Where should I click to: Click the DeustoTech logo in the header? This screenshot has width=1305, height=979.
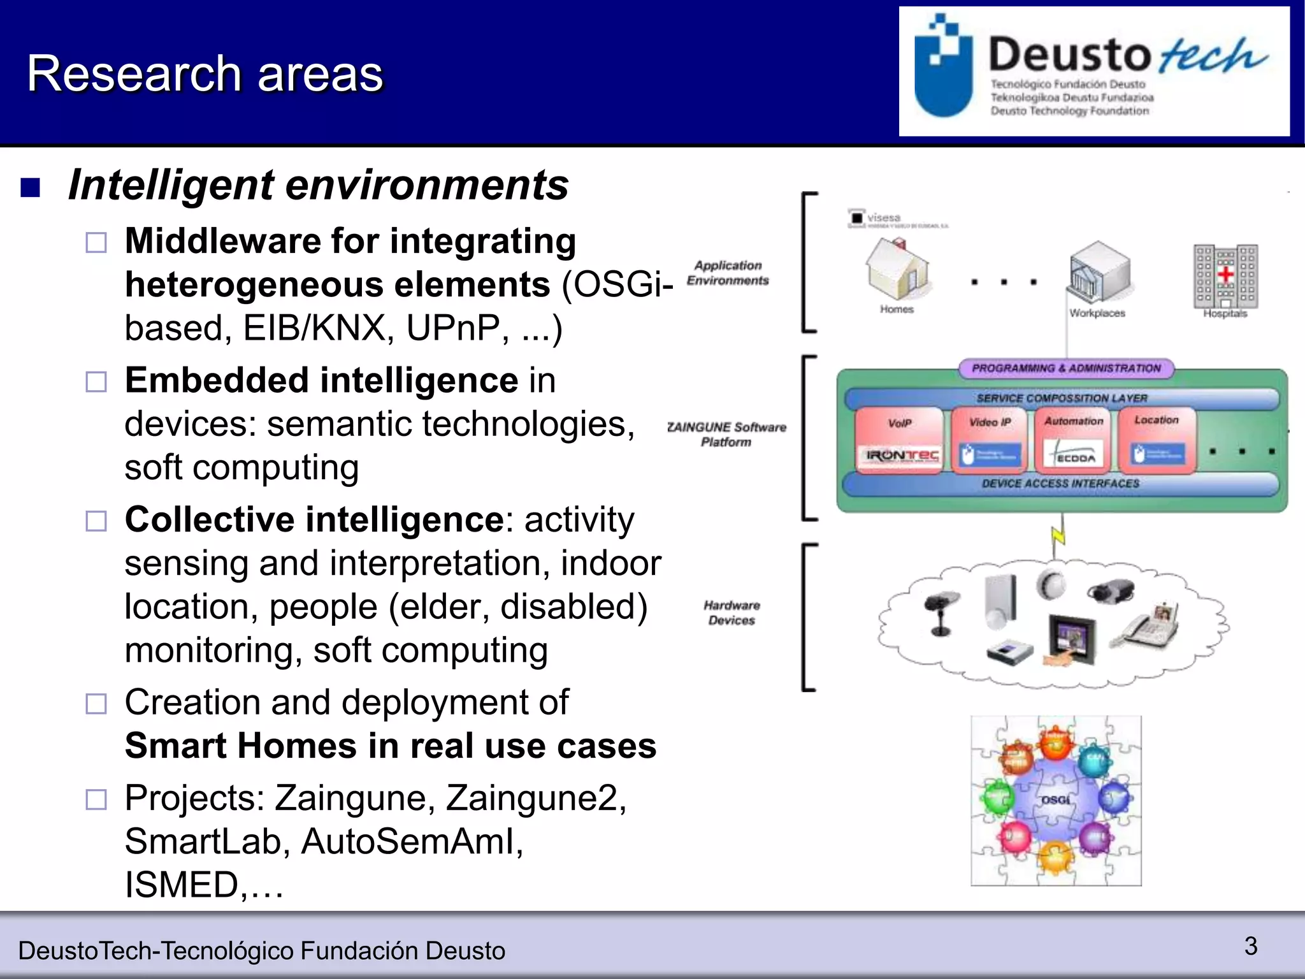(x=1093, y=71)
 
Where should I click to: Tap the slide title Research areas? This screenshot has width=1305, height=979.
(x=205, y=74)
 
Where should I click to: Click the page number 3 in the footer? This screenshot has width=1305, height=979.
(x=1251, y=946)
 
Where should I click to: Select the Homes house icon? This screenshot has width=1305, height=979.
(x=897, y=270)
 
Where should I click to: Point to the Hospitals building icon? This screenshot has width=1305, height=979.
(x=1225, y=276)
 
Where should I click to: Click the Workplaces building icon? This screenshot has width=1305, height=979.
(x=1099, y=273)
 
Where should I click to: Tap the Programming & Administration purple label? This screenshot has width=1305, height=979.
(x=1066, y=368)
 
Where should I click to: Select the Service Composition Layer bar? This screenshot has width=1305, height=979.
(x=1062, y=398)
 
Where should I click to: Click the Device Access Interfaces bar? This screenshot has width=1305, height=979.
(x=1060, y=484)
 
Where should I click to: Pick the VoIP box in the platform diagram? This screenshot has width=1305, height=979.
(x=899, y=439)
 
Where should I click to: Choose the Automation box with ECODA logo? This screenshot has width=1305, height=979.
(x=1074, y=439)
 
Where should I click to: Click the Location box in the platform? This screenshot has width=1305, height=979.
(x=1157, y=439)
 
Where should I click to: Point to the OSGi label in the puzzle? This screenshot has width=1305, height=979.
(x=1055, y=799)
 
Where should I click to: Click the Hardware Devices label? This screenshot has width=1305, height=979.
(x=732, y=613)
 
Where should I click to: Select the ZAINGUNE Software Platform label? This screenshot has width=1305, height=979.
(x=726, y=434)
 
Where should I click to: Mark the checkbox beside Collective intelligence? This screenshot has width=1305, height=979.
(x=96, y=521)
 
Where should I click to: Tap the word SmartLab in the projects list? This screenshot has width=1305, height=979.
(x=202, y=841)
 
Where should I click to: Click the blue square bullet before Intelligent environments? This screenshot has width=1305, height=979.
(x=31, y=187)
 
